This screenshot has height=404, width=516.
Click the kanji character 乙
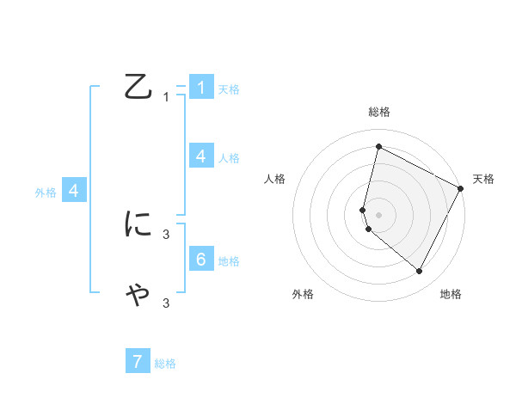point(138,87)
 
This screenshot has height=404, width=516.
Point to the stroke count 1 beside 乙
point(166,97)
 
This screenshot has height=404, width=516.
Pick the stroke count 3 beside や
point(166,303)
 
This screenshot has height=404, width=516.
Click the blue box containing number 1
point(201,88)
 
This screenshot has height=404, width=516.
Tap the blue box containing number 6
point(201,259)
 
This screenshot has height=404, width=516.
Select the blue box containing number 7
point(138,362)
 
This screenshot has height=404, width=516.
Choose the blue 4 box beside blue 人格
point(201,156)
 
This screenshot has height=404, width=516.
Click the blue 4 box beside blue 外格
point(74,191)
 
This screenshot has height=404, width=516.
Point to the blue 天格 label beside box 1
point(229,89)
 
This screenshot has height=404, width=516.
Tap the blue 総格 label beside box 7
point(165,364)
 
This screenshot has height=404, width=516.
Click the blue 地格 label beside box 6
point(229,261)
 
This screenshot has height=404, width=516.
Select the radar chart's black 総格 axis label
point(379,112)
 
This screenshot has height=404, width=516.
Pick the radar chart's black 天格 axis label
point(483,179)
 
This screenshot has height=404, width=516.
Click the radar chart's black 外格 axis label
point(303,294)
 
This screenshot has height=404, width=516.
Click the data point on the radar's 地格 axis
point(420,272)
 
